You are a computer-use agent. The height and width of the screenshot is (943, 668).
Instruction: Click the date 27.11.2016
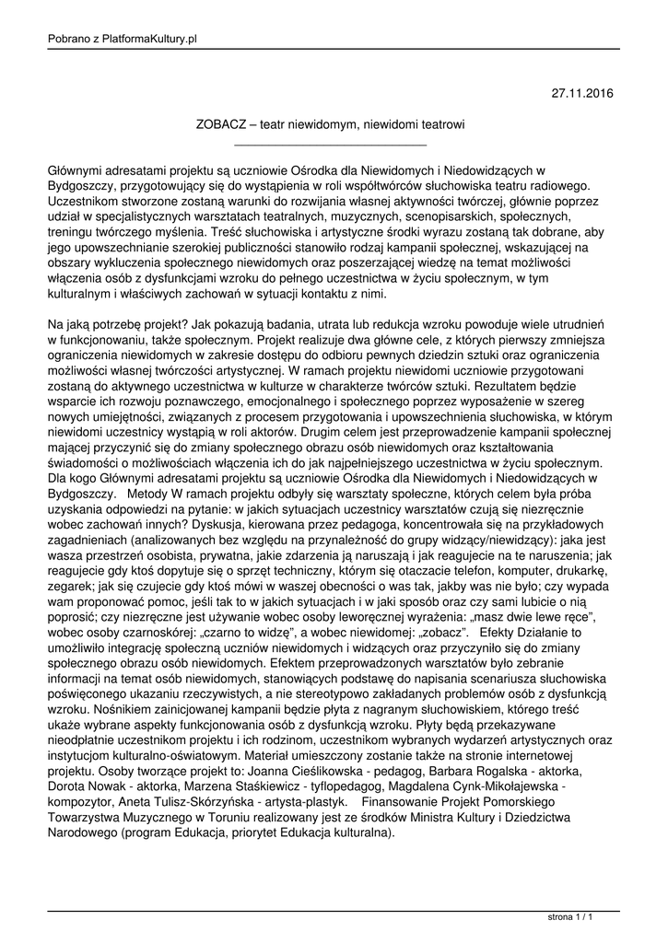(x=581, y=93)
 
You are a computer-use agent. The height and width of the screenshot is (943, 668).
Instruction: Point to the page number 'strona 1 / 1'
(x=569, y=918)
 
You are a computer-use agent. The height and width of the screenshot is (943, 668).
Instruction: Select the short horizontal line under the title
(x=331, y=145)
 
